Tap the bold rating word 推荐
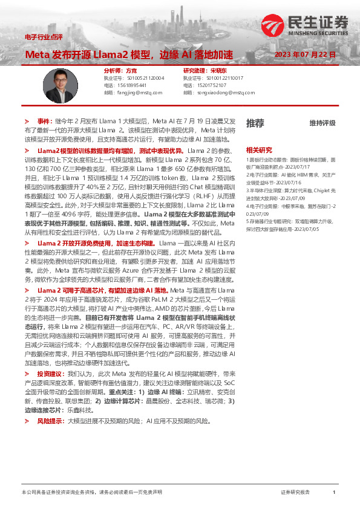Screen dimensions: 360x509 click(255, 123)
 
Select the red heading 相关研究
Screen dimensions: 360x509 click(258, 149)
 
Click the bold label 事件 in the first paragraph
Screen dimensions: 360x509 click(44, 121)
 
